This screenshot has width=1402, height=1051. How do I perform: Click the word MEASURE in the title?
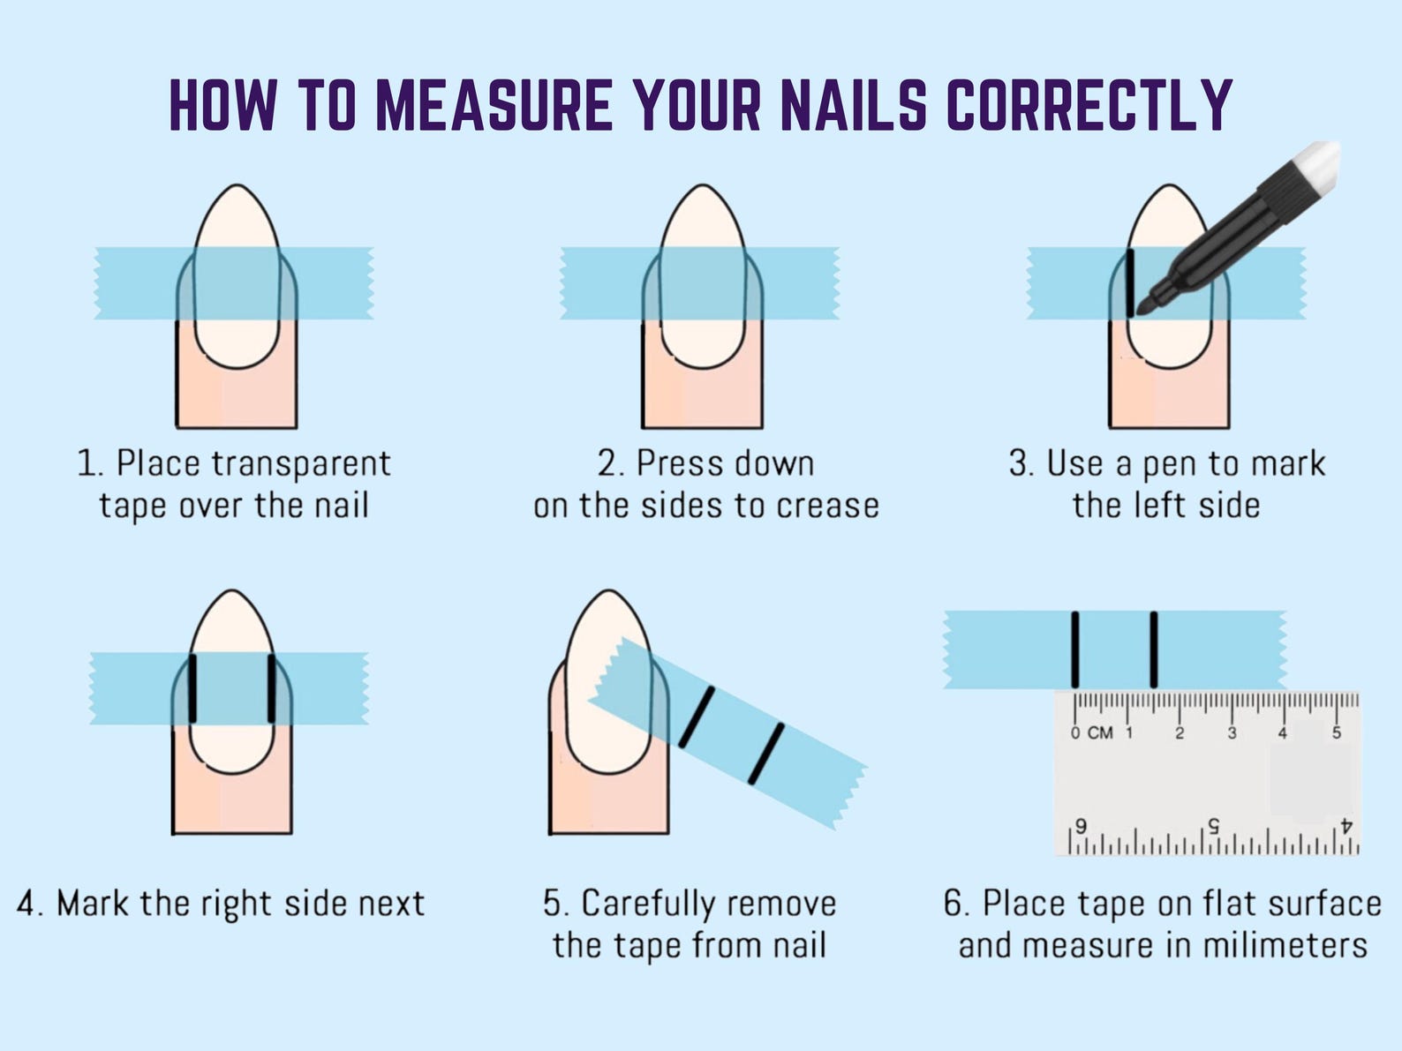pos(494,105)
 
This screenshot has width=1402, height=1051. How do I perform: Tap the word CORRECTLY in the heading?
pos(1089,105)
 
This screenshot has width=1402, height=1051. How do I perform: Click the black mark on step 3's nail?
pos(1130,283)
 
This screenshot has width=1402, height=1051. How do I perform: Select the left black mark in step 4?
pos(192,688)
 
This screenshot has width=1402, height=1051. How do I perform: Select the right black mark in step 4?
pos(271,688)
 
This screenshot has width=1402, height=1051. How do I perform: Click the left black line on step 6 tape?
pos(1075,649)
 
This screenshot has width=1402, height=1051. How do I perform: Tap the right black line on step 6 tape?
pos(1154,649)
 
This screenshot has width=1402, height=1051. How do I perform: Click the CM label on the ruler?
pos(1099,733)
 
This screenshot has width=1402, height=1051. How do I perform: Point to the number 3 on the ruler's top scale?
pos(1232,733)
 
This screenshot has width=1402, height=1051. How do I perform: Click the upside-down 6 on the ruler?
pos(1080,826)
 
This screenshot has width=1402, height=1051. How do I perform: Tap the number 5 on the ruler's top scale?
pos(1336,732)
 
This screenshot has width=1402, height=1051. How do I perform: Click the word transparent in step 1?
pos(301,464)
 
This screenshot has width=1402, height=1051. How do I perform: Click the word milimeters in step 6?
pos(1285,946)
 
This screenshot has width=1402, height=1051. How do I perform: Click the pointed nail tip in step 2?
pos(702,186)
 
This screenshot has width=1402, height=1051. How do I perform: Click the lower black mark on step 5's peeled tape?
pos(765,754)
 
